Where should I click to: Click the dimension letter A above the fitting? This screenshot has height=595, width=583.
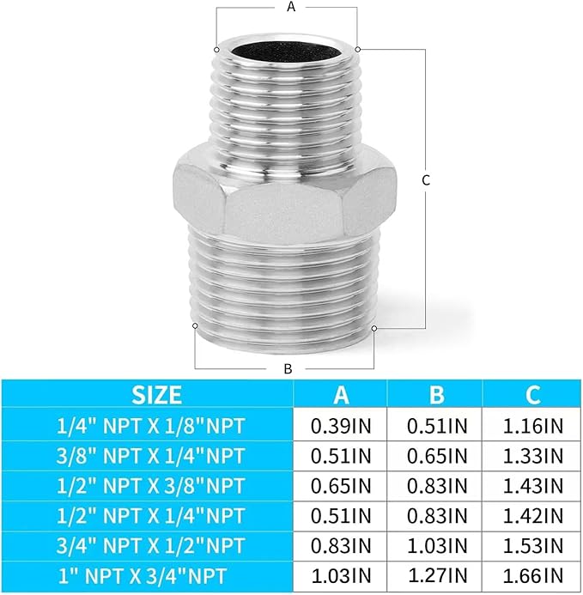pyautogui.click(x=290, y=7)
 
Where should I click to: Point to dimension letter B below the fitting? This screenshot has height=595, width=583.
pyautogui.click(x=288, y=368)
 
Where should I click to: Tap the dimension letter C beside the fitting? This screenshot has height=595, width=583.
pyautogui.click(x=426, y=180)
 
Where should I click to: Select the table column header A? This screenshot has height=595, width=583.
pyautogui.click(x=341, y=394)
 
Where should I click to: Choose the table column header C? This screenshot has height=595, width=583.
pyautogui.click(x=532, y=394)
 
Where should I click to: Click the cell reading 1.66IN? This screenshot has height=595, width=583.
pyautogui.click(x=532, y=574)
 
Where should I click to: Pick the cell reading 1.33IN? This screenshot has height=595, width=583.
pyautogui.click(x=532, y=454)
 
